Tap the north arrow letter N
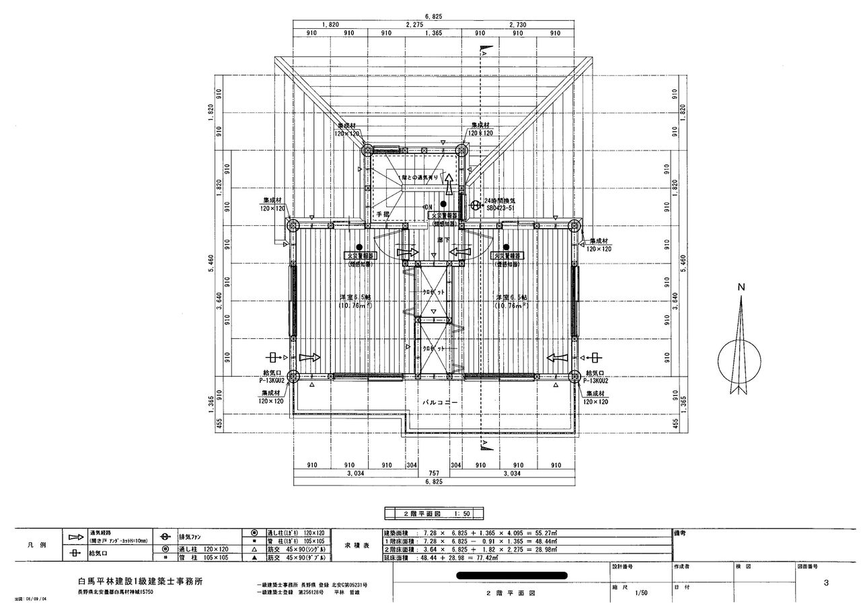point(741,287)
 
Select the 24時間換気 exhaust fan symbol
point(476,204)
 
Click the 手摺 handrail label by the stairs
point(383,214)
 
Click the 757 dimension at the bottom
point(433,473)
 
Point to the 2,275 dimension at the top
point(414,24)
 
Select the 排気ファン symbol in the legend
point(164,538)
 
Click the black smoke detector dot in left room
point(359,247)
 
